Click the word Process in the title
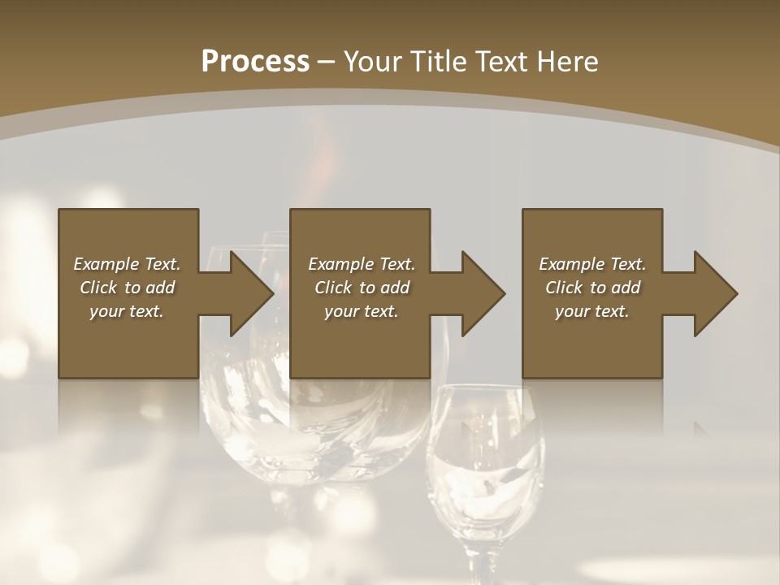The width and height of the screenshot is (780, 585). coord(255,62)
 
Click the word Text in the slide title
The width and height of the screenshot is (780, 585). coord(500,62)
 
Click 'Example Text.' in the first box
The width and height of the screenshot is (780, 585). coord(127,264)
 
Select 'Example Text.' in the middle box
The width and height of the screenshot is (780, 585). coord(361,264)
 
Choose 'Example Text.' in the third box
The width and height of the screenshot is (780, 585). coord(592,264)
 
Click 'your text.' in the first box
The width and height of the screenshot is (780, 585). coord(127,311)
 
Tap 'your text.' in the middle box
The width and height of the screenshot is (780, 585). coord(361,311)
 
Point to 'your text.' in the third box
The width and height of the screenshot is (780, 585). coord(592,311)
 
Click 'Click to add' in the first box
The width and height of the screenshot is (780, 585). coord(127,288)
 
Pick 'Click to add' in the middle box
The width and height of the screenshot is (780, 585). coord(361,288)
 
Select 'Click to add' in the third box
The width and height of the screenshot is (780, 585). coord(592,288)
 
